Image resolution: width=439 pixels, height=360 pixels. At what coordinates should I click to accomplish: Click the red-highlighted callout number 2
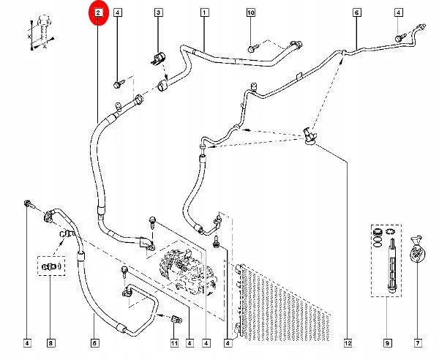point(98,13)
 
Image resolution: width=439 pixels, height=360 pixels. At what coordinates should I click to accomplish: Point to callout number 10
point(250,13)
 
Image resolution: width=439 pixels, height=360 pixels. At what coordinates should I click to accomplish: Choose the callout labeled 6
point(357,13)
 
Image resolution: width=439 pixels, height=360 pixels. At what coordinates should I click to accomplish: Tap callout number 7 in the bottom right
point(419,342)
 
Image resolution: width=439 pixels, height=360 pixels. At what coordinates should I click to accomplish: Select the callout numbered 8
point(50,342)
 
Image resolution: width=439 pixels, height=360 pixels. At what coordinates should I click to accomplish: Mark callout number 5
point(94,342)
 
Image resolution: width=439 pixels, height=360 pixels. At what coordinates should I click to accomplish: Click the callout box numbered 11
point(174,342)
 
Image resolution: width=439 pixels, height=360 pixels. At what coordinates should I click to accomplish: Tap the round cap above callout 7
point(419,249)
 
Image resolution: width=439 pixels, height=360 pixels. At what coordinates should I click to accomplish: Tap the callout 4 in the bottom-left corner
point(27,342)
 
